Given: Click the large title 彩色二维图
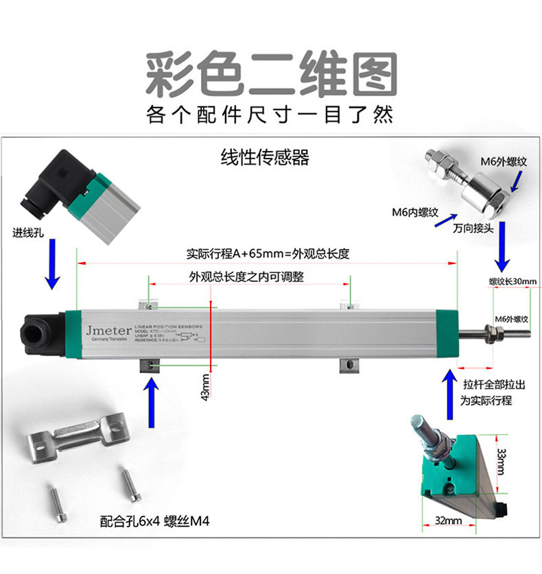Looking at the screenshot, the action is [x=271, y=73].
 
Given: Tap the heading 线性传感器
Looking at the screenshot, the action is [x=265, y=158].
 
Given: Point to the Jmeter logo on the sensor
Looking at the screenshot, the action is [x=104, y=329].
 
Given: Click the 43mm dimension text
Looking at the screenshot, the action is [x=205, y=387].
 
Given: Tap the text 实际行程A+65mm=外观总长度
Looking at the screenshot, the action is [x=268, y=254].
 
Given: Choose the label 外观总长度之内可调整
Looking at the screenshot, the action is [x=246, y=277].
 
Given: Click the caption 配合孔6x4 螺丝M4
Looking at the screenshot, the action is [x=154, y=521].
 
